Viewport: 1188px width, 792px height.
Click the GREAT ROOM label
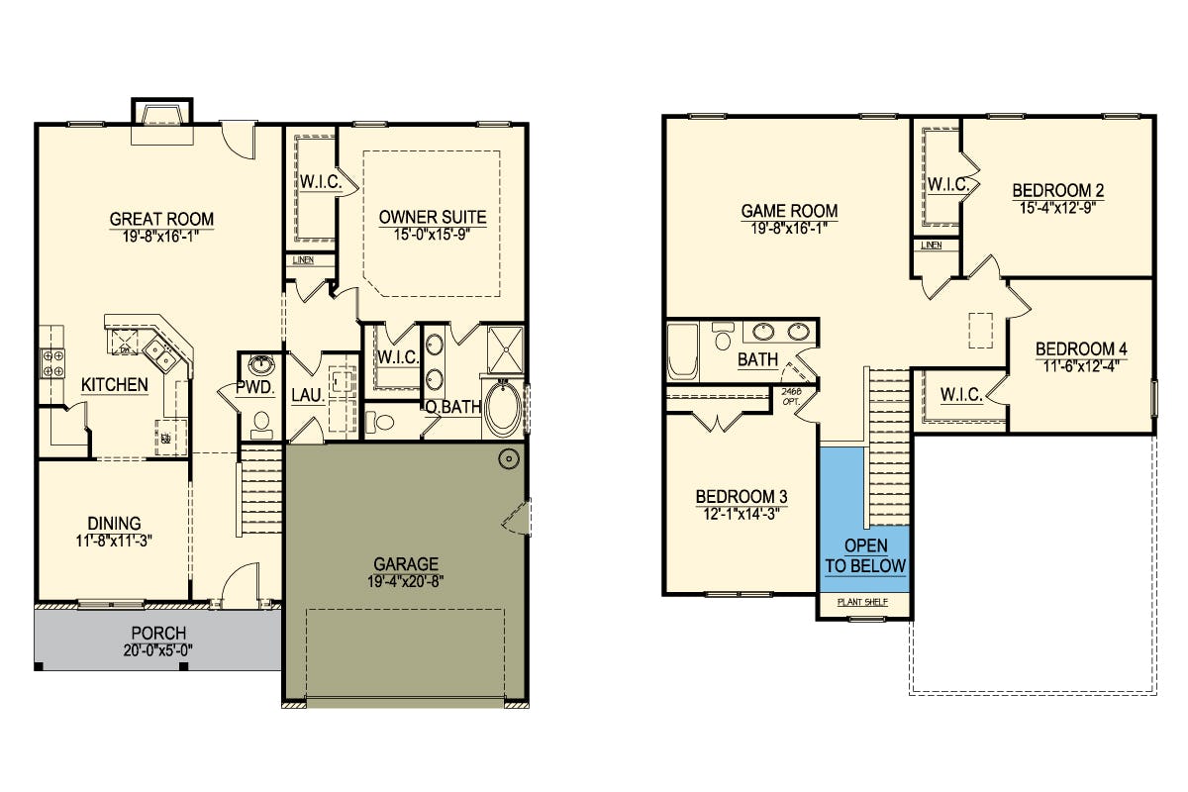click(x=161, y=219)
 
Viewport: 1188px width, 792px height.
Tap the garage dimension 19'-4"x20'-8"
click(x=405, y=582)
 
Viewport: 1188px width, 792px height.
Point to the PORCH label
click(x=158, y=633)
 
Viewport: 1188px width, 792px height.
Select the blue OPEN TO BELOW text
click(x=865, y=556)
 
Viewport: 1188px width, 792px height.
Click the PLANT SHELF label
click(x=862, y=602)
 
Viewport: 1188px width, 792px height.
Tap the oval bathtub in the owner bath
click(x=503, y=409)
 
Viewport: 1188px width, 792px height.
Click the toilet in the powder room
click(x=260, y=426)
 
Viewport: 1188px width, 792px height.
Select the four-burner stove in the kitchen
click(x=52, y=363)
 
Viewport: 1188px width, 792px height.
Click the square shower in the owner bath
click(x=505, y=350)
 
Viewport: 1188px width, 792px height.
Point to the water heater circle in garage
click(x=509, y=458)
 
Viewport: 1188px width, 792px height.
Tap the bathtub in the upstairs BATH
click(x=682, y=350)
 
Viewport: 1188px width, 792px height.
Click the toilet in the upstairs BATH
click(x=722, y=336)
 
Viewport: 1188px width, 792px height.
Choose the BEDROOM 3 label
click(x=742, y=497)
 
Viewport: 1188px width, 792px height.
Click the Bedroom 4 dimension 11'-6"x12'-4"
click(x=1081, y=366)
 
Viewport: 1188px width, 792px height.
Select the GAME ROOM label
click(x=789, y=211)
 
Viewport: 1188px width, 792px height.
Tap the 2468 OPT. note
click(x=791, y=396)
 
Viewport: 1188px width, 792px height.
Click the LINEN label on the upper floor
click(x=932, y=246)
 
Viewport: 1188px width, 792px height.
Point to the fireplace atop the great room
click(x=162, y=122)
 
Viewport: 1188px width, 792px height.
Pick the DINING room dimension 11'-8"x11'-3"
click(x=114, y=542)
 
